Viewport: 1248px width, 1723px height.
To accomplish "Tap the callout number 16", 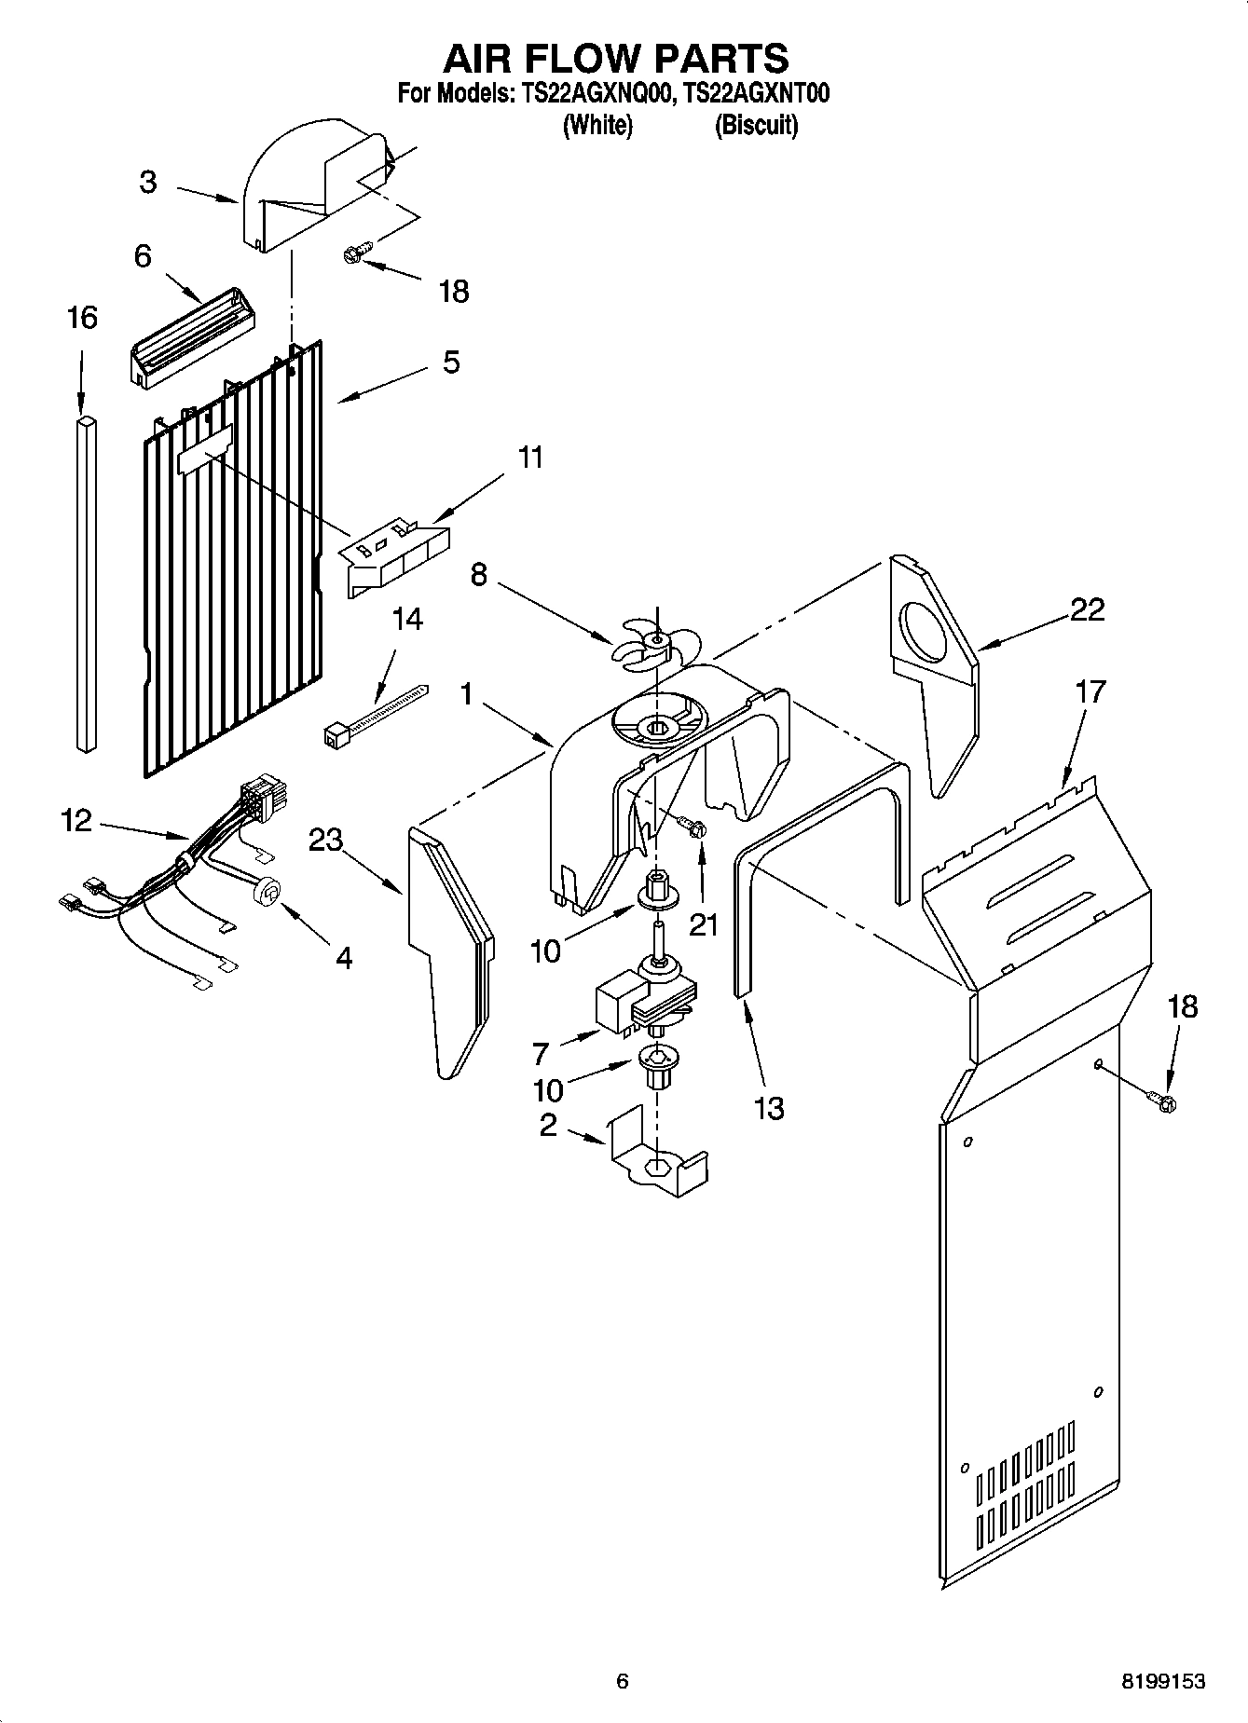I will point(82,318).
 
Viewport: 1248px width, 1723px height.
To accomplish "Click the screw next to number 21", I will point(693,826).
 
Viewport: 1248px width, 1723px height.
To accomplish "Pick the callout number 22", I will point(1087,609).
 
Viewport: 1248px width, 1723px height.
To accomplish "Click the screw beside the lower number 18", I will point(1163,1102).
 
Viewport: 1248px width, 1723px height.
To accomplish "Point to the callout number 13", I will point(768,1108).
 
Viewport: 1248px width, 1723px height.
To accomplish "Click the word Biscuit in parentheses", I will point(756,125).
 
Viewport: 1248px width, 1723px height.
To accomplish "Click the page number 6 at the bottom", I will point(623,1681).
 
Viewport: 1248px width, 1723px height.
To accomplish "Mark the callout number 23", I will point(326,841).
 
